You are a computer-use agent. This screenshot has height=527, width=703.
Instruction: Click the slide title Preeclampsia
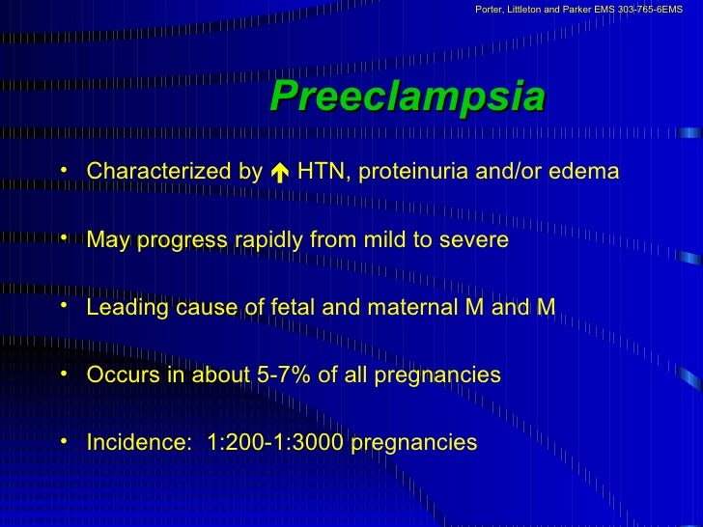click(407, 97)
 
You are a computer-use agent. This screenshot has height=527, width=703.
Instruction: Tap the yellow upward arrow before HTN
click(279, 173)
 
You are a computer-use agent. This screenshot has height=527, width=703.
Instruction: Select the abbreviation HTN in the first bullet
click(319, 172)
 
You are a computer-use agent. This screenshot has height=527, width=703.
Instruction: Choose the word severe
click(474, 239)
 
